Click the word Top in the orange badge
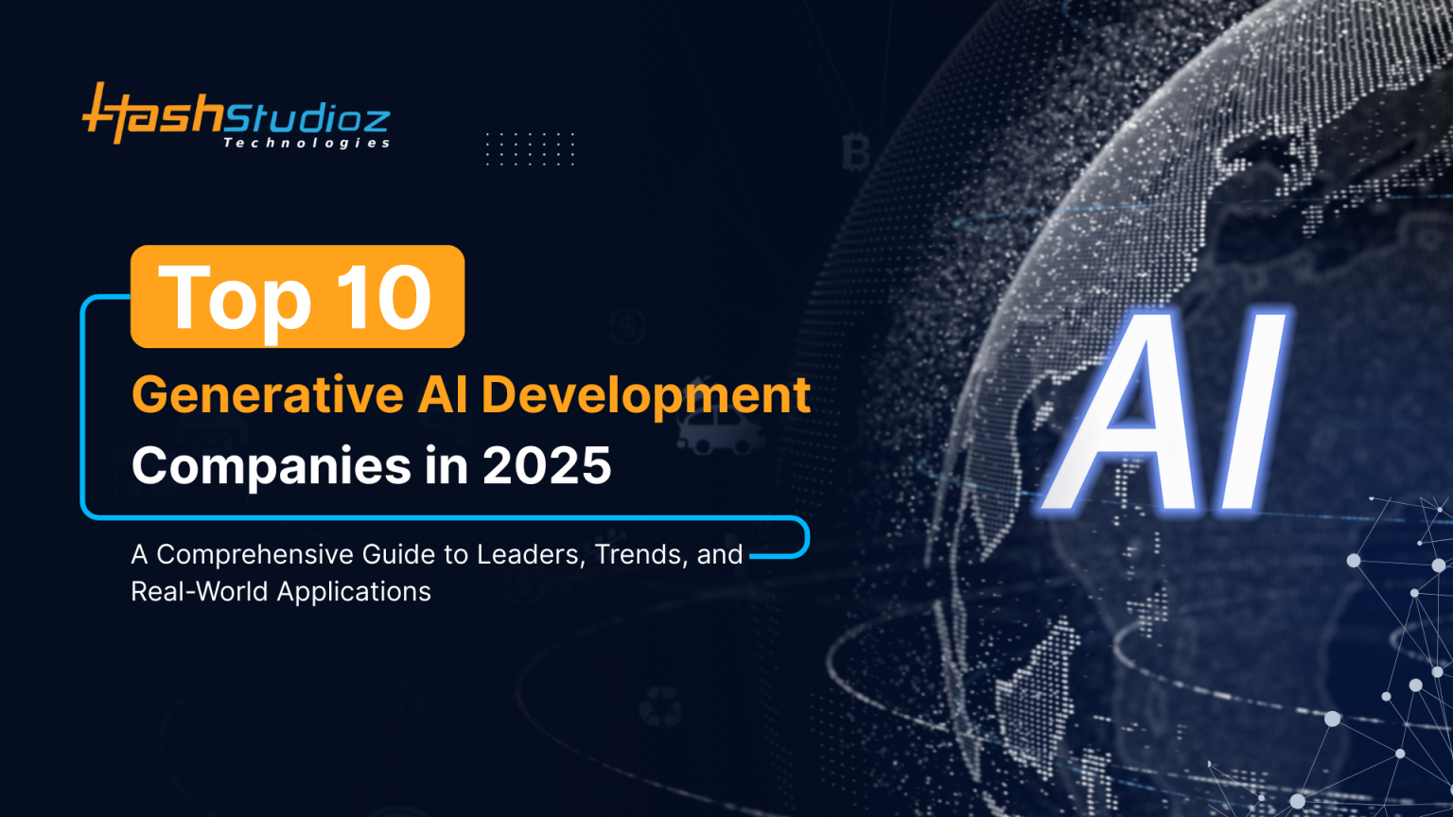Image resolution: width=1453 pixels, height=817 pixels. click(235, 299)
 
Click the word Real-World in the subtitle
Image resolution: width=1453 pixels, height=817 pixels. click(199, 592)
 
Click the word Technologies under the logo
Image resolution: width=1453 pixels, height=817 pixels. click(306, 143)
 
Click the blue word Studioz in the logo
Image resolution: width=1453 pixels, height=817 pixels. click(306, 118)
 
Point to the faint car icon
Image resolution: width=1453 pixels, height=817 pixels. click(720, 434)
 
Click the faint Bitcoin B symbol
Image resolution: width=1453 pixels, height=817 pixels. click(855, 152)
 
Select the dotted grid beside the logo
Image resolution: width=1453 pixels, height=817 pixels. click(530, 148)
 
